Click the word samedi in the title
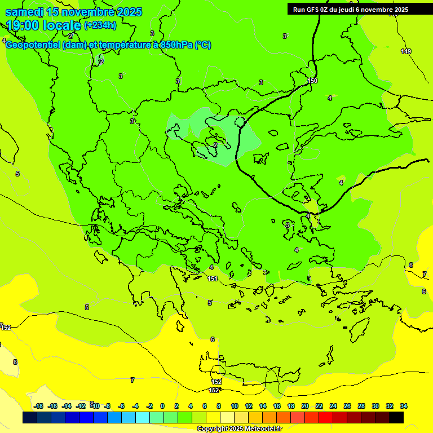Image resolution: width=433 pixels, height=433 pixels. click(24, 12)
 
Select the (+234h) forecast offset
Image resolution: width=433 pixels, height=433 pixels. click(100, 25)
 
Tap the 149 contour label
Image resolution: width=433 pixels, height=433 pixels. click(406, 52)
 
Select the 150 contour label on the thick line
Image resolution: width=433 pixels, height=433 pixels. click(313, 81)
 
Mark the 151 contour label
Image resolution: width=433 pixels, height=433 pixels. click(213, 279)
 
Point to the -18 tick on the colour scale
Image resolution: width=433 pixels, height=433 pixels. click(39, 406)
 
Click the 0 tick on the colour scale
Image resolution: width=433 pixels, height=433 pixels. click(162, 406)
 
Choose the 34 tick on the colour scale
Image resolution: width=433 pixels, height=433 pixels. click(404, 406)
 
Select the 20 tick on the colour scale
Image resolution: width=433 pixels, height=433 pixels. click(305, 406)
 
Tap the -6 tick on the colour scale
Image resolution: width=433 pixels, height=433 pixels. click(121, 406)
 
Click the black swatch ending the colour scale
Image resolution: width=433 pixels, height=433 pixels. click(396, 418)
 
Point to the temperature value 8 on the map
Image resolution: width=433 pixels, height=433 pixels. click(15, 362)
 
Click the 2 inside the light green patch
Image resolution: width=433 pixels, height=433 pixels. click(215, 145)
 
